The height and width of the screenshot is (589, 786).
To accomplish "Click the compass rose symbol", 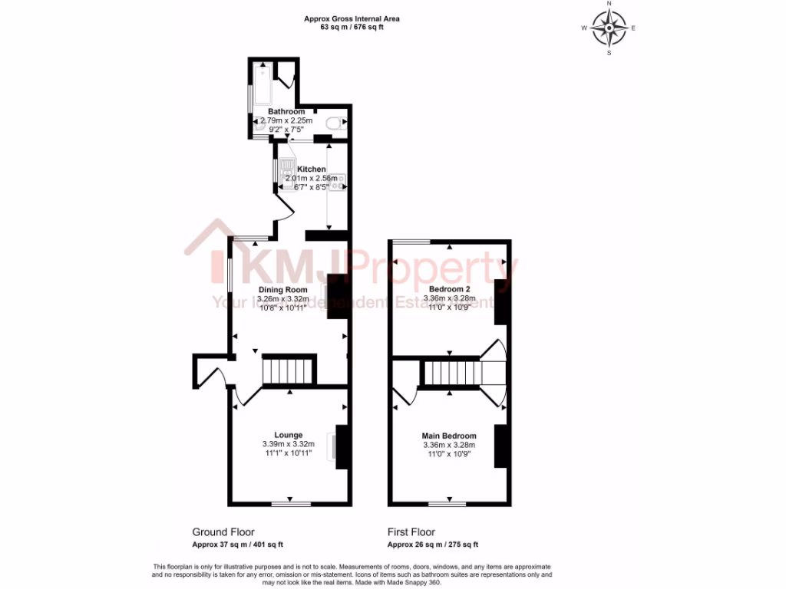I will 609,28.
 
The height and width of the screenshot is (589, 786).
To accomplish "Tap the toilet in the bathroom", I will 335,123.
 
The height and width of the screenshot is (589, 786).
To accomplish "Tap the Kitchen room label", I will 312,169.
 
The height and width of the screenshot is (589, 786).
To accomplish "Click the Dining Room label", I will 282,289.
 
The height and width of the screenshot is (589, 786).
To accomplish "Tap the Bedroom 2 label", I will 449,289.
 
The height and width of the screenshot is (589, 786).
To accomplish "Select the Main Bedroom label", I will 449,436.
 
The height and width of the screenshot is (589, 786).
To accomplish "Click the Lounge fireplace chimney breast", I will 343,446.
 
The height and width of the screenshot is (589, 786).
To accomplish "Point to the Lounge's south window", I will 292,504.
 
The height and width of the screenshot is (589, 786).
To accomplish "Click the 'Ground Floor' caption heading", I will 223,531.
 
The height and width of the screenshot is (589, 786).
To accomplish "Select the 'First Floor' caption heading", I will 411,531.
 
